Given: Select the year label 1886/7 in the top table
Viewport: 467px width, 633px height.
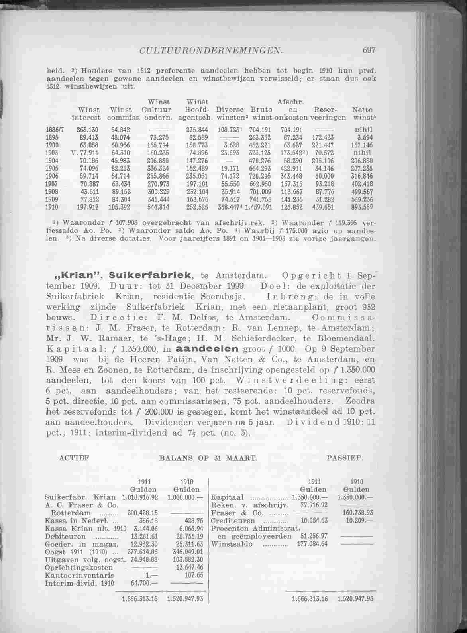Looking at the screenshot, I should (x=55, y=130).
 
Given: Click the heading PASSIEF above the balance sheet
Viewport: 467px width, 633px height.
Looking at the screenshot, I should (x=344, y=458).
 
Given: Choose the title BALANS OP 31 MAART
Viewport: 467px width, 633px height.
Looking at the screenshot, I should (x=208, y=458).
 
